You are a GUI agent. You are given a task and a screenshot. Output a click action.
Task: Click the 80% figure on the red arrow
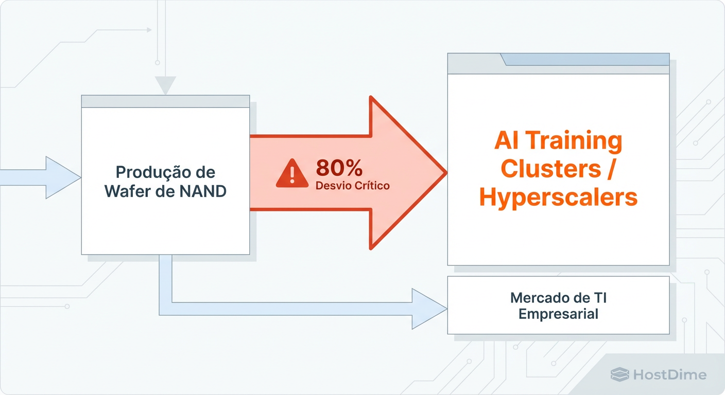339,168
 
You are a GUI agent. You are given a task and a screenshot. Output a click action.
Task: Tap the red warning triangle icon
292,173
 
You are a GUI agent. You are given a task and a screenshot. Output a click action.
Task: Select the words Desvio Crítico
352,186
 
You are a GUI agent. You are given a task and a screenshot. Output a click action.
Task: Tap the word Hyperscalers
558,197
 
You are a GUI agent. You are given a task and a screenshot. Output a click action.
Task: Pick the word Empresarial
558,314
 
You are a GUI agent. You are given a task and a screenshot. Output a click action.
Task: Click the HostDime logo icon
619,374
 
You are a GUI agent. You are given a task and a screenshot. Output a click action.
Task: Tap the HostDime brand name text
670,374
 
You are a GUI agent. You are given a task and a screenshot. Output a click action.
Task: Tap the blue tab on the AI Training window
586,59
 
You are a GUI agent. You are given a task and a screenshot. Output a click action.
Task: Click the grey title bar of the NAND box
165,101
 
